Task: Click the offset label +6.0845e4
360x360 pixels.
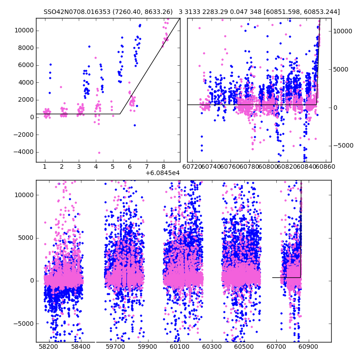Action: tap(162, 173)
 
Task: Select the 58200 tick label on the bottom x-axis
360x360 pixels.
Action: tap(48, 347)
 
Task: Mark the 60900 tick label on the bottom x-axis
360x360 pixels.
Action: tap(308, 347)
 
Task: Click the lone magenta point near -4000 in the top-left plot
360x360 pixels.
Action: tap(99, 153)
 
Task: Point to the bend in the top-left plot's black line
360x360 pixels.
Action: tap(120, 114)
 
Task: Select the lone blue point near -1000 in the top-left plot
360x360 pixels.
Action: tap(135, 125)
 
